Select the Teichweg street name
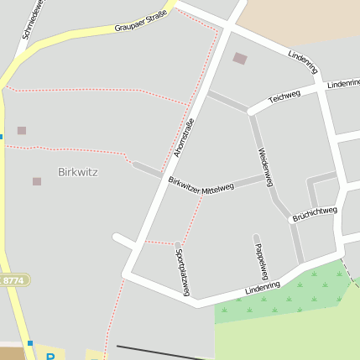tap(284, 97)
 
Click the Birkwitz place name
tap(78, 172)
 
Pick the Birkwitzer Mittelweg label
tap(201, 185)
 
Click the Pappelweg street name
tap(260, 258)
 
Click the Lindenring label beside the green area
tap(263, 288)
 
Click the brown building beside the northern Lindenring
tap(240, 59)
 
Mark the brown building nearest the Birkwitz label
tap(37, 181)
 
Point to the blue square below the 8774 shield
tap(29, 342)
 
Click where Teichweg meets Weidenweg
tap(251, 112)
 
